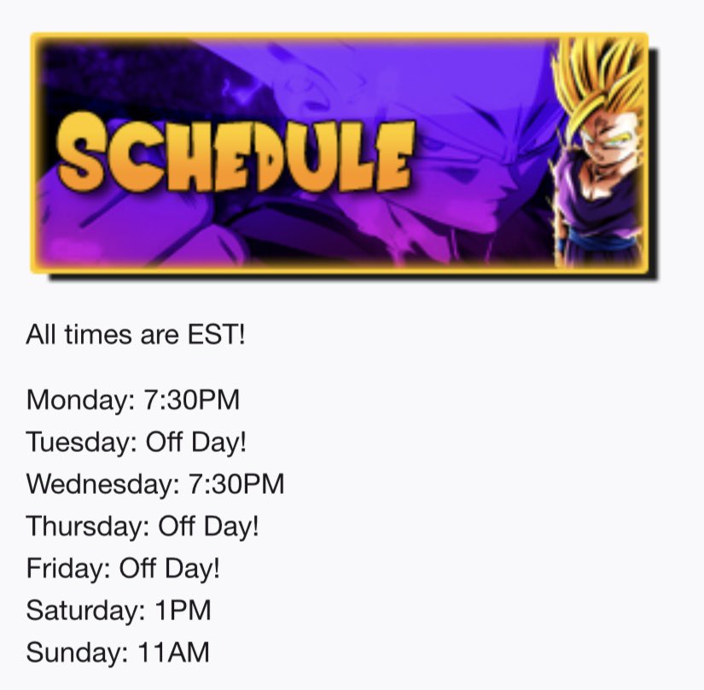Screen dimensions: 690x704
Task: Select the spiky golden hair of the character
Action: point(597,77)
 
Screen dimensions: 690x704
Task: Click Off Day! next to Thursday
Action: point(208,526)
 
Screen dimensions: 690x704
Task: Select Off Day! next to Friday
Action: point(170,569)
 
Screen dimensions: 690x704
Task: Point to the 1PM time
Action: point(182,612)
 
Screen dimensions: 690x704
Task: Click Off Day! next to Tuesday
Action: point(197,442)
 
